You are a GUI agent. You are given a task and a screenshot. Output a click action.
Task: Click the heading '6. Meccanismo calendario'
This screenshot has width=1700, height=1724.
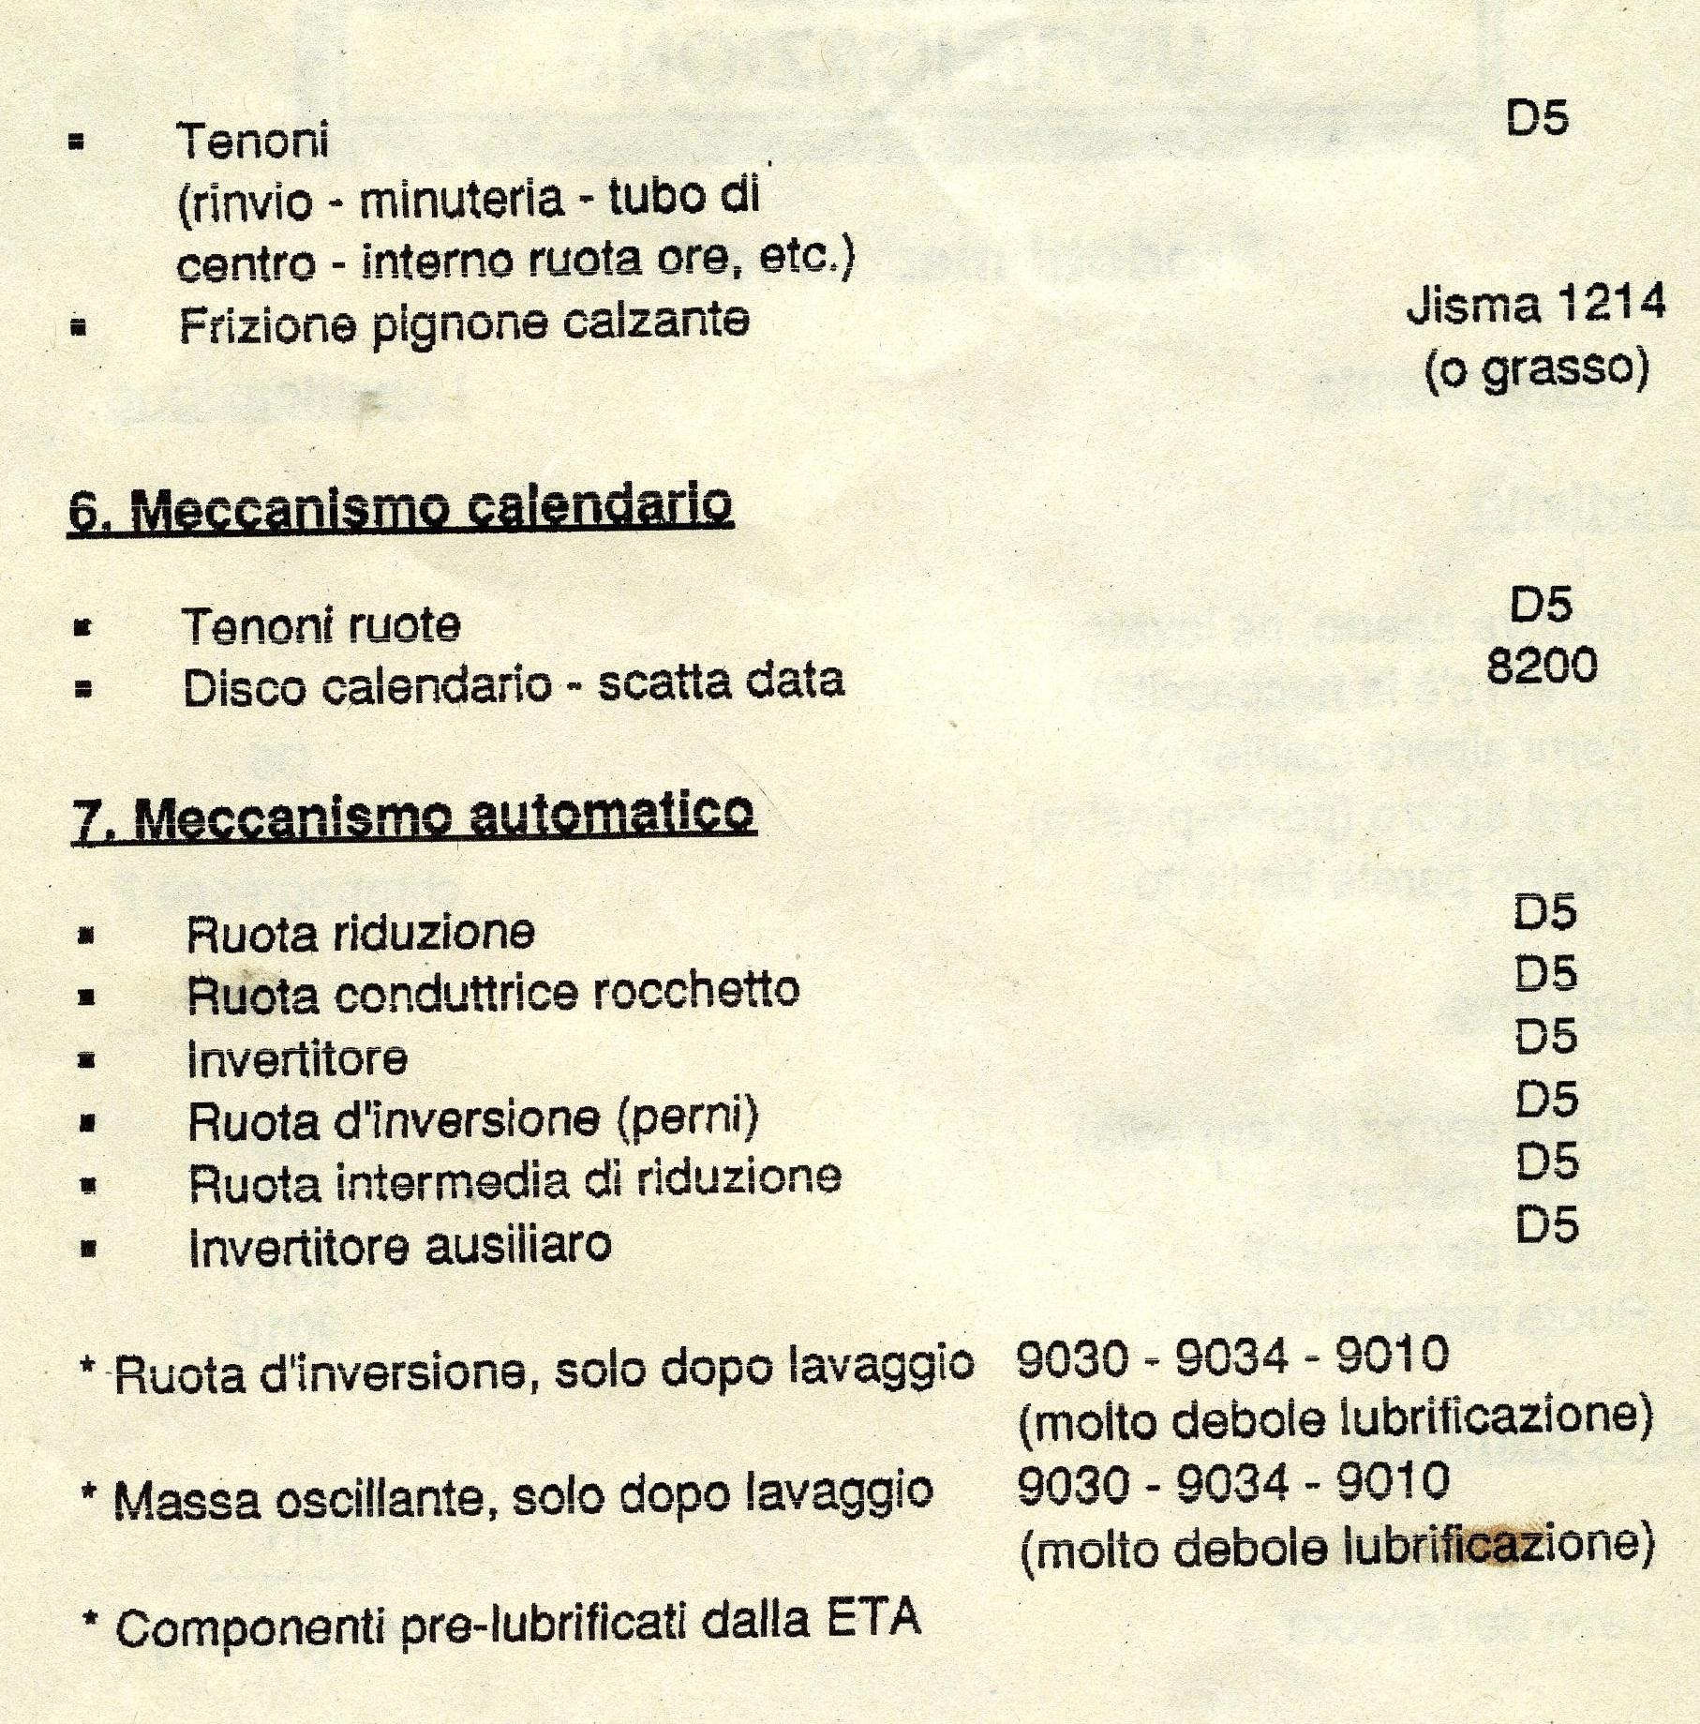[400, 508]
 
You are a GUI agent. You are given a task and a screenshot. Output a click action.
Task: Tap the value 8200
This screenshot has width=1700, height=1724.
[1542, 667]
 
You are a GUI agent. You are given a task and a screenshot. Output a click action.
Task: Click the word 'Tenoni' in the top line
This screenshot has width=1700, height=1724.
[254, 142]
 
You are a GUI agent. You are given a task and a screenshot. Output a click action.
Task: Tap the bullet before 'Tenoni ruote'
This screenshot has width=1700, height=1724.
[83, 628]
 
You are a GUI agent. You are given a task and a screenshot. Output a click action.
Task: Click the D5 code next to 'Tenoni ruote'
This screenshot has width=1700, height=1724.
[1541, 605]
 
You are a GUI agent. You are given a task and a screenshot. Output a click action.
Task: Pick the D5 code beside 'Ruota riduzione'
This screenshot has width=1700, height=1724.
[1545, 912]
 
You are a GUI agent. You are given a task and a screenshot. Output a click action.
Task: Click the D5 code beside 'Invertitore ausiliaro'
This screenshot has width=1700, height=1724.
[1547, 1225]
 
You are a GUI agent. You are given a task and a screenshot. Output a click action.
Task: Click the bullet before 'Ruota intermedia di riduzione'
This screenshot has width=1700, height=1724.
[89, 1185]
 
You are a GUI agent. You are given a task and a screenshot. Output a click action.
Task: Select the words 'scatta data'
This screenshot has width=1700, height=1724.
[721, 682]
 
